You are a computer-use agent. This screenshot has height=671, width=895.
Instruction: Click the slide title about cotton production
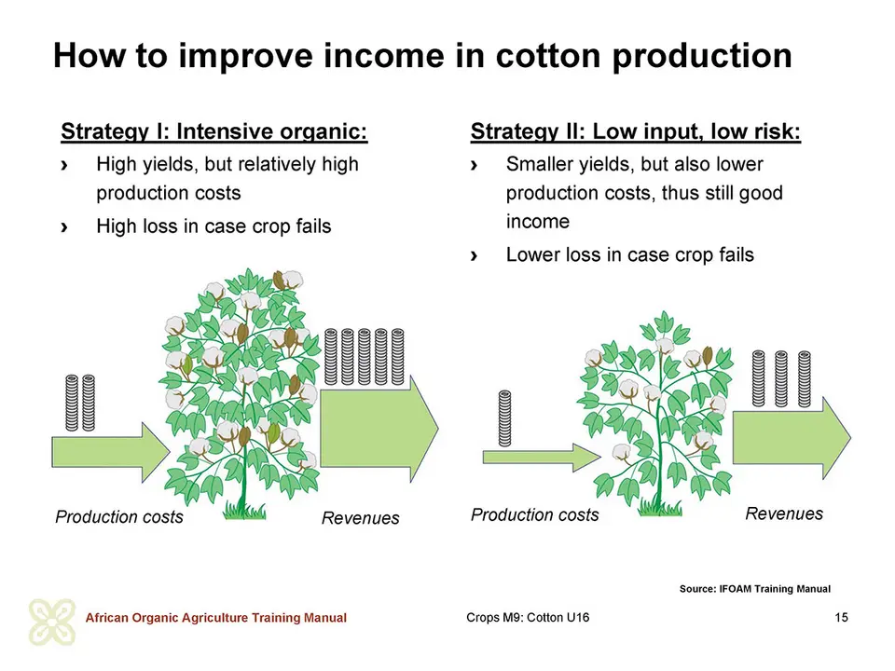422,56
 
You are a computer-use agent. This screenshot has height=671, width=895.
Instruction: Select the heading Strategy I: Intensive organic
214,131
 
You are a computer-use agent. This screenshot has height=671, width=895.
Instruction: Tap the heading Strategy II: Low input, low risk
635,131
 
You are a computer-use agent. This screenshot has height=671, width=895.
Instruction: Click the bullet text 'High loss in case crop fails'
213,226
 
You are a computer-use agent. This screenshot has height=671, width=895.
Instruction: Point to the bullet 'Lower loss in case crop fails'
629,254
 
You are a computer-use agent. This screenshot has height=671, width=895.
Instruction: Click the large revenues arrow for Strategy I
379,429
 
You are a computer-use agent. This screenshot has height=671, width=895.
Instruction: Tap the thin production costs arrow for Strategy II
542,457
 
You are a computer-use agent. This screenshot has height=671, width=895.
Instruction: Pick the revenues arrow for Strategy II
792,438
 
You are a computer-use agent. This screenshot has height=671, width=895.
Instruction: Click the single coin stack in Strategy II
504,418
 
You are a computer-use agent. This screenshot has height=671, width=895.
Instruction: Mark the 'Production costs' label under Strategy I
119,517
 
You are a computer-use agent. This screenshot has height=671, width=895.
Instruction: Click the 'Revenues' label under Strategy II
784,514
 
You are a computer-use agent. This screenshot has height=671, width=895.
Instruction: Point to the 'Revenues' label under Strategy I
360,518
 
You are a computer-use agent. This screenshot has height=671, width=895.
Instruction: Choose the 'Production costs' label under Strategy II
535,514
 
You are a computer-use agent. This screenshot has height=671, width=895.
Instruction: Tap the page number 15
841,617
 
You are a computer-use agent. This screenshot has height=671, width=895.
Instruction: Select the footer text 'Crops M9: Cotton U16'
528,617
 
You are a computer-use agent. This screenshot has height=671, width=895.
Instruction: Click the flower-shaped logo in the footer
52,622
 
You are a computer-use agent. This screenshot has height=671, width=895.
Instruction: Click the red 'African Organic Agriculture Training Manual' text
215,618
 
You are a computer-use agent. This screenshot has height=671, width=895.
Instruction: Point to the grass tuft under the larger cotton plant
244,511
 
